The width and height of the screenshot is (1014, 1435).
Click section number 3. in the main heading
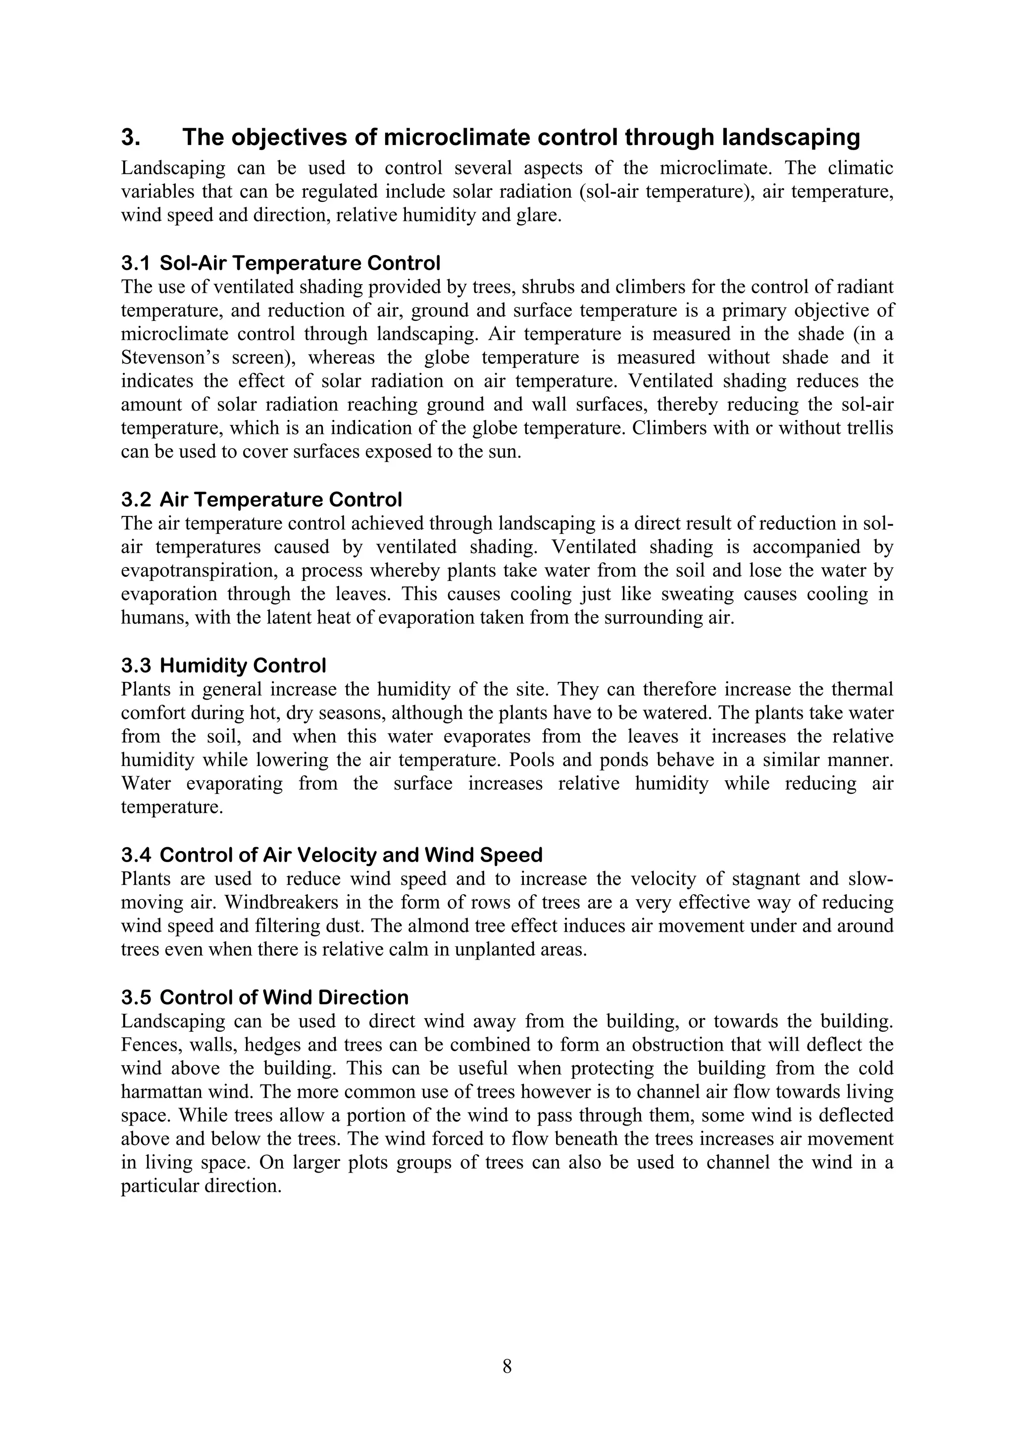pyautogui.click(x=131, y=138)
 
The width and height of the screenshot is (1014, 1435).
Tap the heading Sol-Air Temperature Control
pyautogui.click(x=300, y=262)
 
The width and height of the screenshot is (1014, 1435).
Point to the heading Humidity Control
pyautogui.click(x=243, y=666)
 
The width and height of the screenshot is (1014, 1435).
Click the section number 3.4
pyautogui.click(x=136, y=854)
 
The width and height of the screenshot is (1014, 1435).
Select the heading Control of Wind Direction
pyautogui.click(x=284, y=997)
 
